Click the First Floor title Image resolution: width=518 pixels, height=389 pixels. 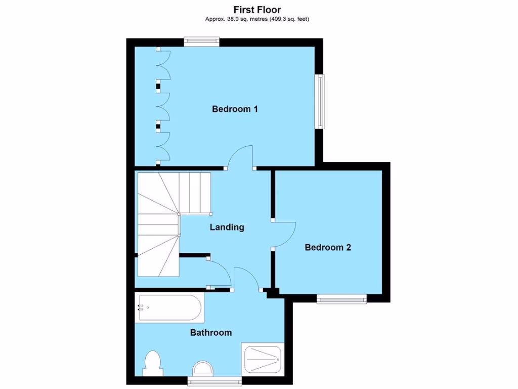coord(257,10)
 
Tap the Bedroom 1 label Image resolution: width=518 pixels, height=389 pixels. coord(235,109)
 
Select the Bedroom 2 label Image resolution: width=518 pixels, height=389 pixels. coord(327,248)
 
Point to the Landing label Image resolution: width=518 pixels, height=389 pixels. coord(227,227)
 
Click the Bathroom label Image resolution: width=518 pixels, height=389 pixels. coord(211,333)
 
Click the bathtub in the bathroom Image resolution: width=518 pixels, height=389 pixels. coord(170,308)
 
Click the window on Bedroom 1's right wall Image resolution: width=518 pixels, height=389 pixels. coord(320,101)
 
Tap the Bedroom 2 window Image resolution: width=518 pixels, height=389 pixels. coord(341,299)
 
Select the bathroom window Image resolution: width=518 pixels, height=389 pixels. coord(207,380)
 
